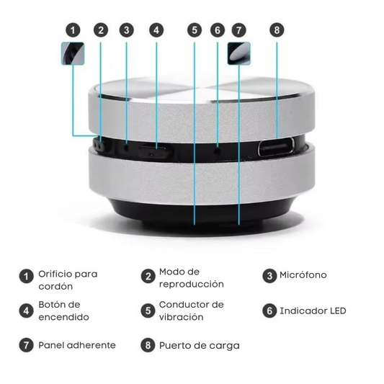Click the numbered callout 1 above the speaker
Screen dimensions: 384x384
[72, 30]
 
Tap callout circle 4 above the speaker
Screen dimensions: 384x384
[157, 30]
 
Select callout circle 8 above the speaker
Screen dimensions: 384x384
[277, 30]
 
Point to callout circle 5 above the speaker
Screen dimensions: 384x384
[195, 30]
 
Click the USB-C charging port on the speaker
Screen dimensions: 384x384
[277, 150]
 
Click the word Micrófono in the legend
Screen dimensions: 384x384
[303, 275]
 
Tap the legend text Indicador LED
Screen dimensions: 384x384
[313, 311]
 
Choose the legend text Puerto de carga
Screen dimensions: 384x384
[200, 345]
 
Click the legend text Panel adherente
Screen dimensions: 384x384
[77, 345]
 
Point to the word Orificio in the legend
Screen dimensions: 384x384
[58, 274]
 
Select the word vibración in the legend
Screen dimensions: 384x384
[182, 317]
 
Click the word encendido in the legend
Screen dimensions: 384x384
[64, 317]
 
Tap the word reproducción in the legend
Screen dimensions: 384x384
[192, 284]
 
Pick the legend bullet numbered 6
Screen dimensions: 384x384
[269, 311]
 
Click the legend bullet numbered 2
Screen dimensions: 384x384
[148, 277]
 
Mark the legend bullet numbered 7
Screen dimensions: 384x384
[27, 345]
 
